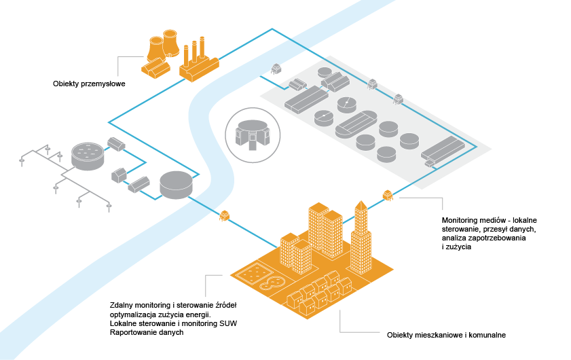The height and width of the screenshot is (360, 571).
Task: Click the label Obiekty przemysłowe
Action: point(89,84)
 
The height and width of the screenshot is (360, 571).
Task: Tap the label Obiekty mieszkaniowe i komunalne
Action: point(446,335)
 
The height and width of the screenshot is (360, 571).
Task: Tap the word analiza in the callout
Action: point(456,238)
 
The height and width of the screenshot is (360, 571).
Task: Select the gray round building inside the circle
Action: point(251,132)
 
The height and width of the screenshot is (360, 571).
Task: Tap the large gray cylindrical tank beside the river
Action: point(176,184)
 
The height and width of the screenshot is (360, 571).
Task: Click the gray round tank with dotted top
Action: point(88,155)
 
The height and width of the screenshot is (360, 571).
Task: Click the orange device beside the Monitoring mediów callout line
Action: point(388,196)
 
